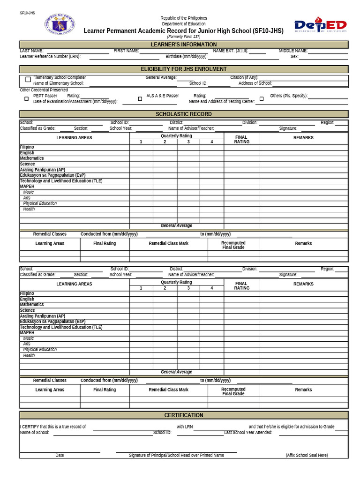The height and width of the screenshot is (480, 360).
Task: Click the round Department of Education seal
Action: tap(60, 24)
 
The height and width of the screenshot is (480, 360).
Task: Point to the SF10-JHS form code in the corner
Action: tap(27, 13)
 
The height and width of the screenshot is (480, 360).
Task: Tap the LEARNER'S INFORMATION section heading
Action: tap(184, 45)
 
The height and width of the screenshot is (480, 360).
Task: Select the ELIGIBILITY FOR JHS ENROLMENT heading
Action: tap(184, 69)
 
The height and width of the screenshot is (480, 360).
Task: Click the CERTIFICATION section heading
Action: tap(184, 415)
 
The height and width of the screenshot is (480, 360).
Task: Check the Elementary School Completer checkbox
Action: tap(28, 79)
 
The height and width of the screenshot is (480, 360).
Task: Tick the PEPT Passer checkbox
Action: tap(26, 99)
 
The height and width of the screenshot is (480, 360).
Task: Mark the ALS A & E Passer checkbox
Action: tap(140, 99)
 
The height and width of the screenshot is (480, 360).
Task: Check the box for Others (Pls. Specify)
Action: tap(262, 99)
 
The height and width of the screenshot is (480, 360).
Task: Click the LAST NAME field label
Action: tap(31, 51)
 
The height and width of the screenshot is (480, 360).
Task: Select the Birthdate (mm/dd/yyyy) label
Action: tap(186, 56)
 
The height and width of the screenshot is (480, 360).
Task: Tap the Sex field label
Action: tap(294, 56)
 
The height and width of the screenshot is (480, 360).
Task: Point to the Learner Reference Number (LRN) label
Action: tap(50, 56)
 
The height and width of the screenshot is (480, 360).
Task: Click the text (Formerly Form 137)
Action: tap(183, 37)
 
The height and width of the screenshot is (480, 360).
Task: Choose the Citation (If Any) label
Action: tap(244, 77)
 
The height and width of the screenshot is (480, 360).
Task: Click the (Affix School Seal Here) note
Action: tap(307, 455)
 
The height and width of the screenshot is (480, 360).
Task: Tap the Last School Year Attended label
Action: tap(248, 432)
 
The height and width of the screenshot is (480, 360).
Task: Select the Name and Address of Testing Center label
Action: tap(222, 101)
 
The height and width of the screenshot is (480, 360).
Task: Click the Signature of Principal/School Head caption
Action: tap(176, 455)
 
